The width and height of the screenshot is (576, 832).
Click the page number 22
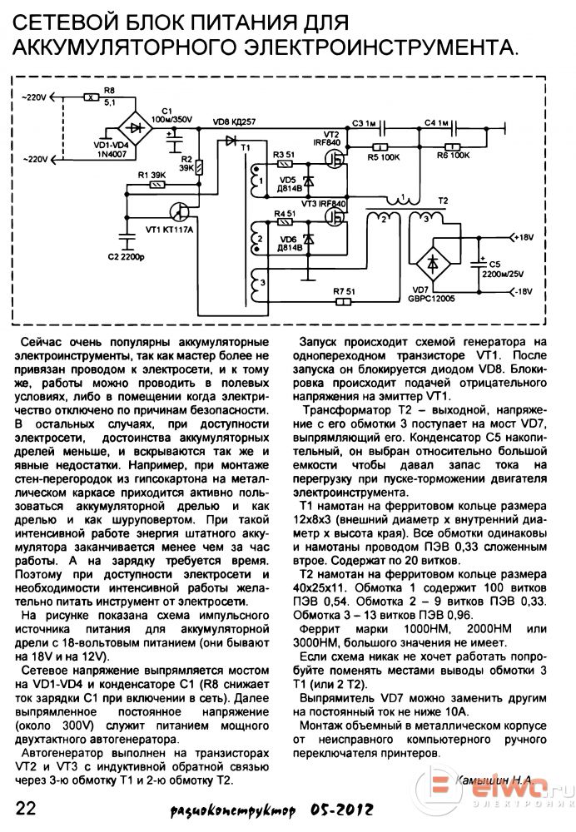pos(26,808)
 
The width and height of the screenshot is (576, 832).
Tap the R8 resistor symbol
pos(92,97)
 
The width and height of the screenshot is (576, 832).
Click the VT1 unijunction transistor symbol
pos(180,211)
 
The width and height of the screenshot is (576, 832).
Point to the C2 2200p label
pos(126,257)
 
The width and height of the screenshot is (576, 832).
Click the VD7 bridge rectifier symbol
pos(433,263)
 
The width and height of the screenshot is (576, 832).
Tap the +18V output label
pos(523,237)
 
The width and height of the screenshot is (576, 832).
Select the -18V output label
pos(523,291)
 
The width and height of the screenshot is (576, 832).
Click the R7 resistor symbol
pos(344,303)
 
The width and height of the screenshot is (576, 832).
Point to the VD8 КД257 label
pos(234,121)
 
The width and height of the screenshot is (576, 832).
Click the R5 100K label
pos(383,157)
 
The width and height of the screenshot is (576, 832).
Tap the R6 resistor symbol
pos(452,147)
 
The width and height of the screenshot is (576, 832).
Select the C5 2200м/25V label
pos(502,269)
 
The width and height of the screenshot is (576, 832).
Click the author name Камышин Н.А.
pos(494,780)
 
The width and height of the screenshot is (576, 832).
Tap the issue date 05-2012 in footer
pos(342,810)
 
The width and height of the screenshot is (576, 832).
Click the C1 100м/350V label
pos(172,115)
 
